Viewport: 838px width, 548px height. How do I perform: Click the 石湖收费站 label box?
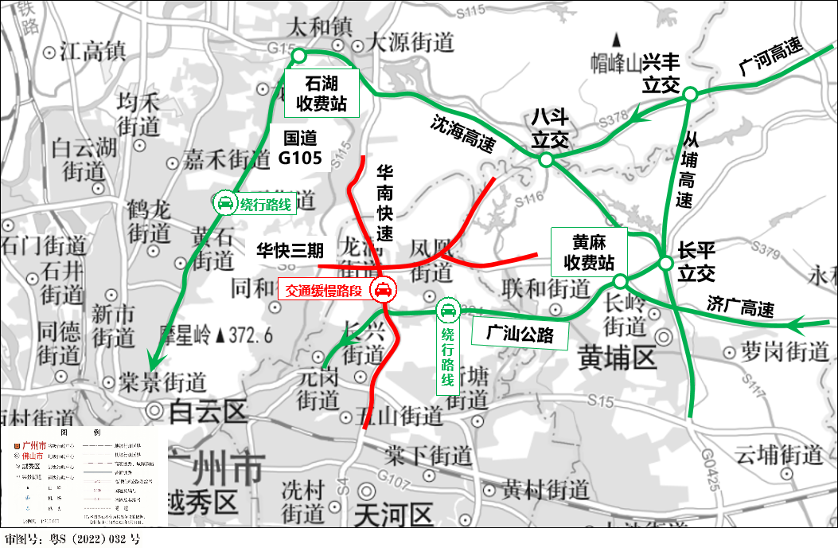322,92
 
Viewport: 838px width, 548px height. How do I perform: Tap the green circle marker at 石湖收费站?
299,55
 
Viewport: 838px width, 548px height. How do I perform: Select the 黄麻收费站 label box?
589,252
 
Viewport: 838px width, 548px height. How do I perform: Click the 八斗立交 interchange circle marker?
546,160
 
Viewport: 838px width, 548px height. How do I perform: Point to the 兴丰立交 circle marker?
690,94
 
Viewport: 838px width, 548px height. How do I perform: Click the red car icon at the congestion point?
383,290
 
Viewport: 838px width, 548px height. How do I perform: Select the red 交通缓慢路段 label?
324,292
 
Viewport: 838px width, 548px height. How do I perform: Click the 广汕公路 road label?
520,334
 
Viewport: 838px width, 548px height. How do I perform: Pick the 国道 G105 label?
300,148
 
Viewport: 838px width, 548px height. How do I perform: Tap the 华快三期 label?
290,250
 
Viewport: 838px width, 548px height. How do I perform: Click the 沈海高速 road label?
462,134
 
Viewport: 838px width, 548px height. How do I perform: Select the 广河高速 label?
770,58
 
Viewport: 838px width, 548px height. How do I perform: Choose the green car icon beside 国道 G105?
225,203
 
